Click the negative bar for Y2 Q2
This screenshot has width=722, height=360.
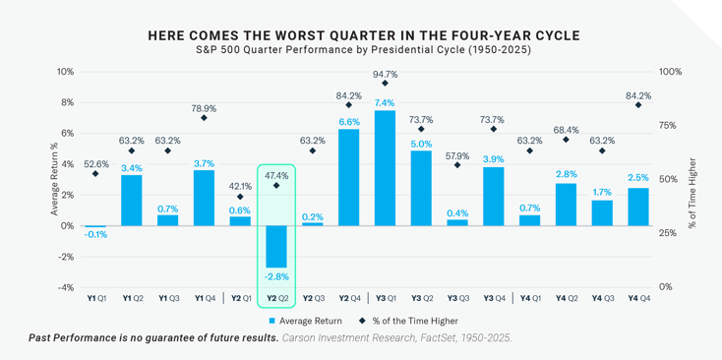[276, 246]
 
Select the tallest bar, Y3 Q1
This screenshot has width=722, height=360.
[385, 168]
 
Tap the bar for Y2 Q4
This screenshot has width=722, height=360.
[349, 177]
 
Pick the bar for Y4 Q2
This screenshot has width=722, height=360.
[566, 205]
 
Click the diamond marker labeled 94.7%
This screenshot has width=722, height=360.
[385, 88]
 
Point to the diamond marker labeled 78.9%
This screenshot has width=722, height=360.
[205, 118]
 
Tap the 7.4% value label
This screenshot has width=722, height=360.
[385, 102]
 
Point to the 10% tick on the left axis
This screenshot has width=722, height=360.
[66, 72]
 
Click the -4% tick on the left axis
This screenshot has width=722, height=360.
[66, 287]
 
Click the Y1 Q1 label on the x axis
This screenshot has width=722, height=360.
[96, 297]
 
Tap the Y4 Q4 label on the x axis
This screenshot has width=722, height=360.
[637, 297]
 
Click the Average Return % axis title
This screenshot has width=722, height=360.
[39, 179]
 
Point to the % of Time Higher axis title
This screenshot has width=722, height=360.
[693, 179]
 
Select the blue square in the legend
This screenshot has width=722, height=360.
[271, 321]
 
